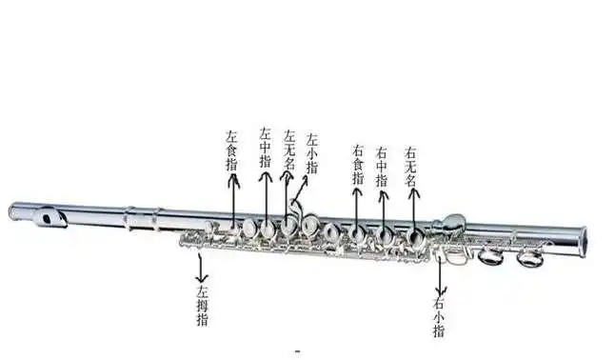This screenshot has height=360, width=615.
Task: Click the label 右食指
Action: (x=358, y=164)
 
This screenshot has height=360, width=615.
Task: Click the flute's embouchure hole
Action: (x=48, y=220)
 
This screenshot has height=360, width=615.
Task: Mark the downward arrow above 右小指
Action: (x=439, y=276)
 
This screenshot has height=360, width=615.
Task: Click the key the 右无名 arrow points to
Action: (x=416, y=234)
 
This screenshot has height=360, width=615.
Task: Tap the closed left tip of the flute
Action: (x=12, y=211)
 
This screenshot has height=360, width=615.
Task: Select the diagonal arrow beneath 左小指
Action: (x=299, y=192)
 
